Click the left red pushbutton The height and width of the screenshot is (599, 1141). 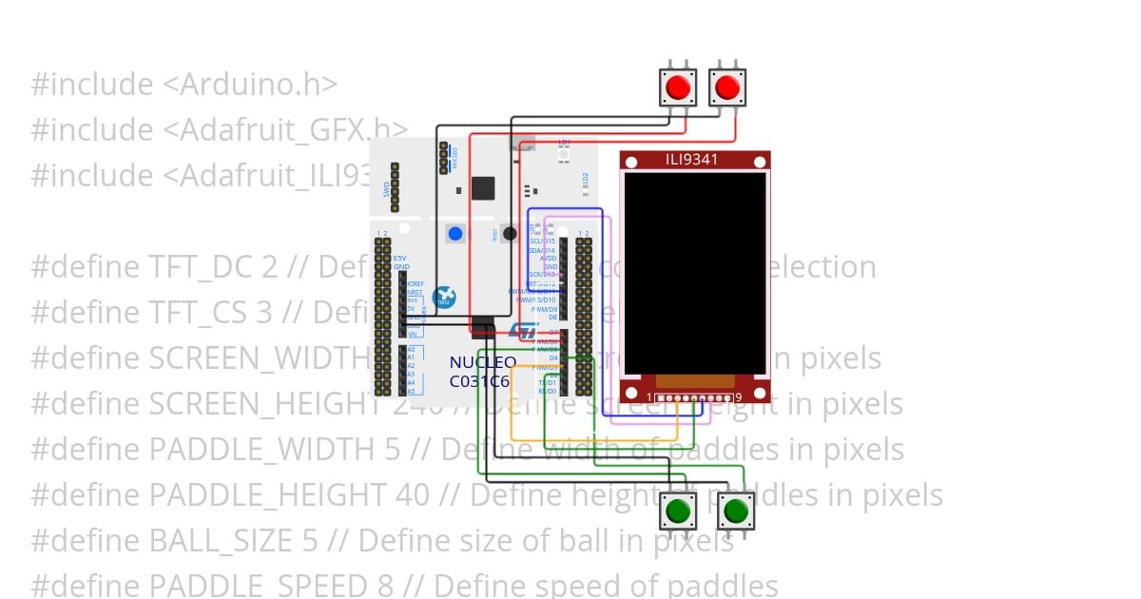pyautogui.click(x=677, y=87)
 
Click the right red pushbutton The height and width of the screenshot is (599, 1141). pyautogui.click(x=727, y=87)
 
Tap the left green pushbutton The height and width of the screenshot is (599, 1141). pyautogui.click(x=678, y=512)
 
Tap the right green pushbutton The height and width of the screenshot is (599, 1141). pyautogui.click(x=735, y=512)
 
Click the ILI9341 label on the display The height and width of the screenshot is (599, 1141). pyautogui.click(x=695, y=160)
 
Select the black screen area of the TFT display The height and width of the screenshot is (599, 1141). pyautogui.click(x=695, y=273)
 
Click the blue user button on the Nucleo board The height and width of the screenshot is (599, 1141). pyautogui.click(x=455, y=233)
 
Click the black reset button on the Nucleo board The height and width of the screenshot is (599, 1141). pyautogui.click(x=510, y=233)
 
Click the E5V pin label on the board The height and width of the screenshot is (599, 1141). pyautogui.click(x=400, y=259)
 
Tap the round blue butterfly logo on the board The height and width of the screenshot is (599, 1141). pyautogui.click(x=444, y=297)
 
